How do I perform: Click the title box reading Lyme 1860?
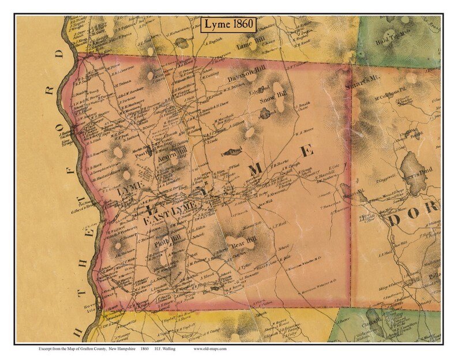pyautogui.click(x=228, y=26)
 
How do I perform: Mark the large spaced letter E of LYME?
pyautogui.click(x=306, y=152)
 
